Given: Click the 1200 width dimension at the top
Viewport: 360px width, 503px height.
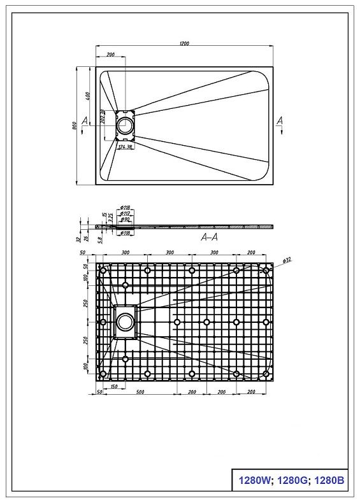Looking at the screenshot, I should pyautogui.click(x=184, y=43).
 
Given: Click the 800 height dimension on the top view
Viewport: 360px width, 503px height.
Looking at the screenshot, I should pyautogui.click(x=75, y=125).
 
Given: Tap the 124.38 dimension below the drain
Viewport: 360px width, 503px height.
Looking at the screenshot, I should pyautogui.click(x=126, y=147).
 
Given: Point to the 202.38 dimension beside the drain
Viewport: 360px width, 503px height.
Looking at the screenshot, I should pyautogui.click(x=103, y=117).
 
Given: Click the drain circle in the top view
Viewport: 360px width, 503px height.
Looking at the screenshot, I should pyautogui.click(x=126, y=124).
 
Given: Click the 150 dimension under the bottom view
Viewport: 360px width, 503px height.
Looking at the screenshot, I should pyautogui.click(x=113, y=386).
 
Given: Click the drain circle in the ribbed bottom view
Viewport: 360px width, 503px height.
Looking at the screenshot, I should pyautogui.click(x=126, y=322).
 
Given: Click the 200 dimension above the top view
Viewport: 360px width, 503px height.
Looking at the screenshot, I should pyautogui.click(x=111, y=55).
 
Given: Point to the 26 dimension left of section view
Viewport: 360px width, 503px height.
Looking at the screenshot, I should pyautogui.click(x=87, y=237).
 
